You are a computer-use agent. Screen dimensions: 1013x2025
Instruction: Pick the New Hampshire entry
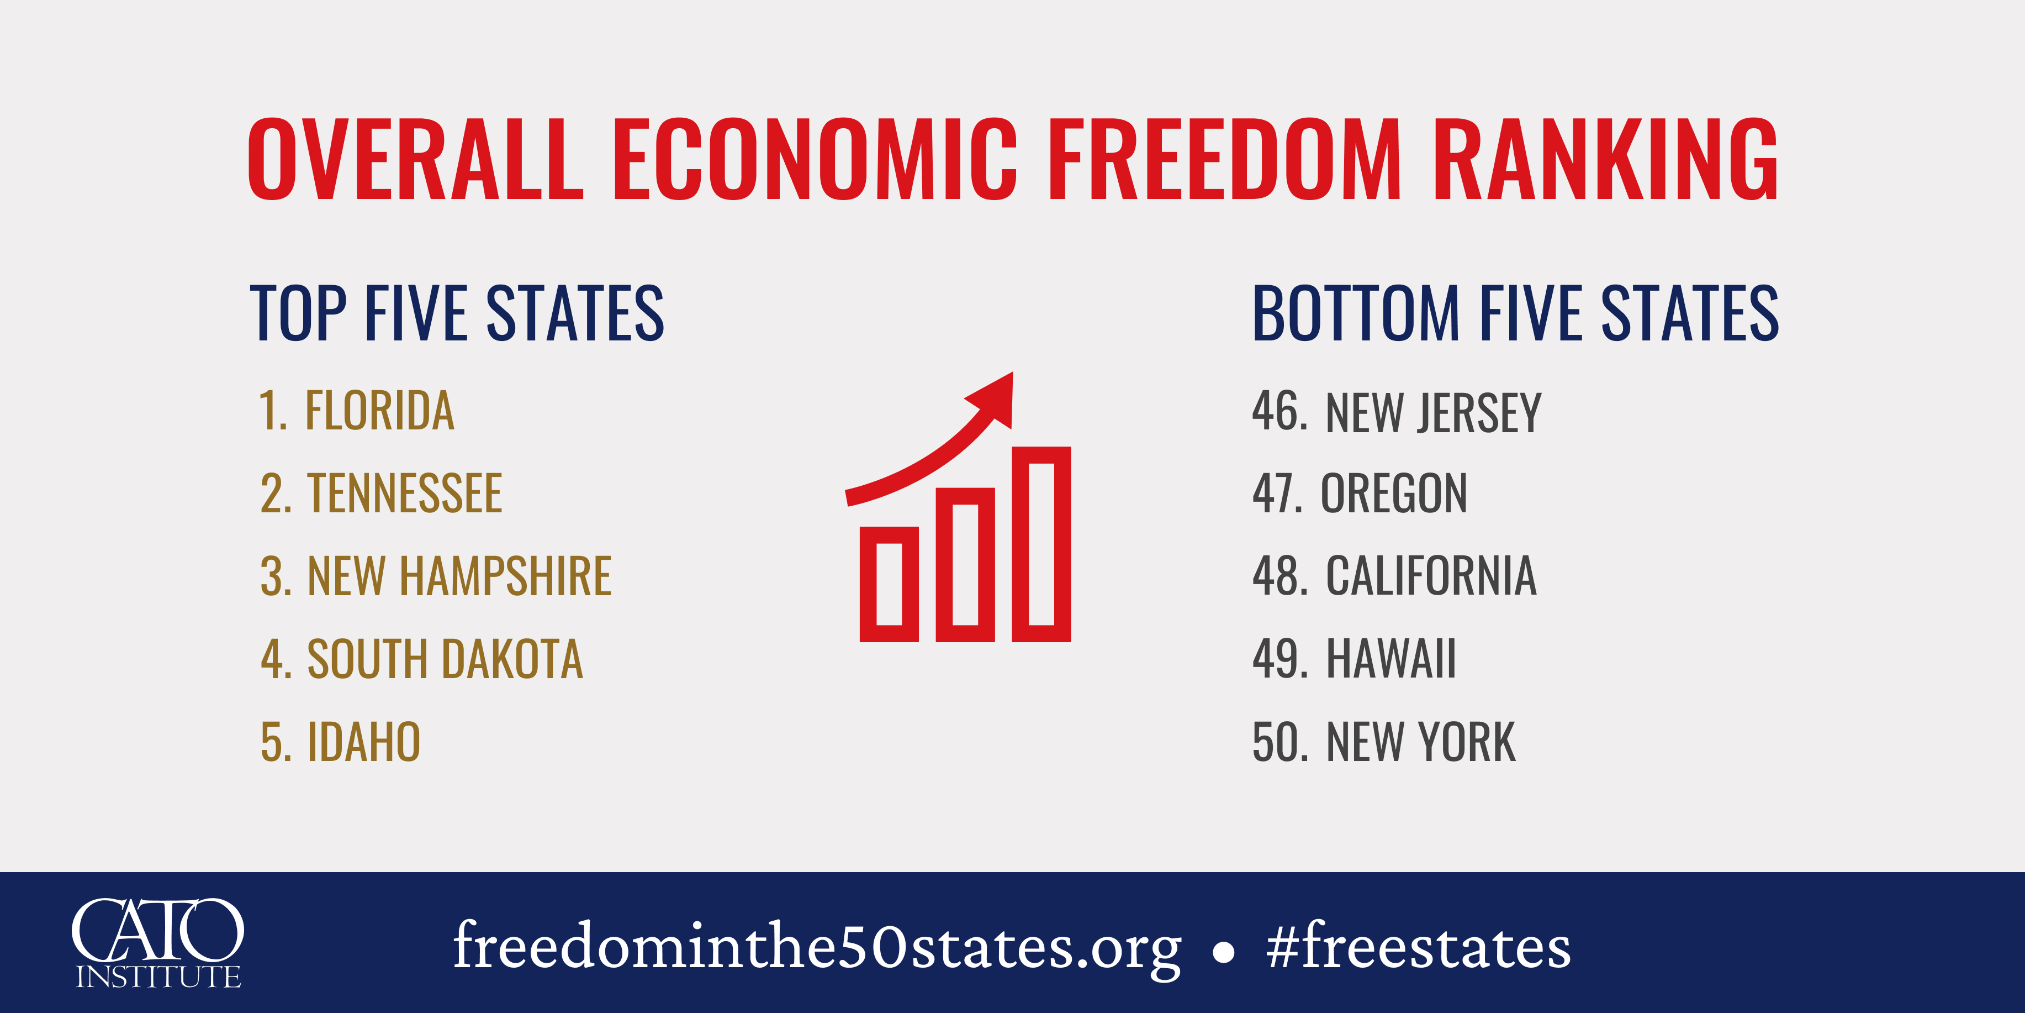coord(436,576)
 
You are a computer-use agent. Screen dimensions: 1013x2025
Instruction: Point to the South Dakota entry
coord(421,659)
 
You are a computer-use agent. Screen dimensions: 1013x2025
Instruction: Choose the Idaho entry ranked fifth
coord(340,742)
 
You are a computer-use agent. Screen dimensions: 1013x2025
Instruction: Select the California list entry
coord(1394,576)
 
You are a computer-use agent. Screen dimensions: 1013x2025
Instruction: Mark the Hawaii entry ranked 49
coord(1353,659)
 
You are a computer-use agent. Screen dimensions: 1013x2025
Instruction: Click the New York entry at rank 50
coord(1383,742)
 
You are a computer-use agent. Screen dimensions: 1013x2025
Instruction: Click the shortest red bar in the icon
coord(889,584)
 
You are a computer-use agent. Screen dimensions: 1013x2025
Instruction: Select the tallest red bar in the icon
coord(1041,544)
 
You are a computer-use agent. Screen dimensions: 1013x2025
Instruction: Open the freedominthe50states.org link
coord(817,946)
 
